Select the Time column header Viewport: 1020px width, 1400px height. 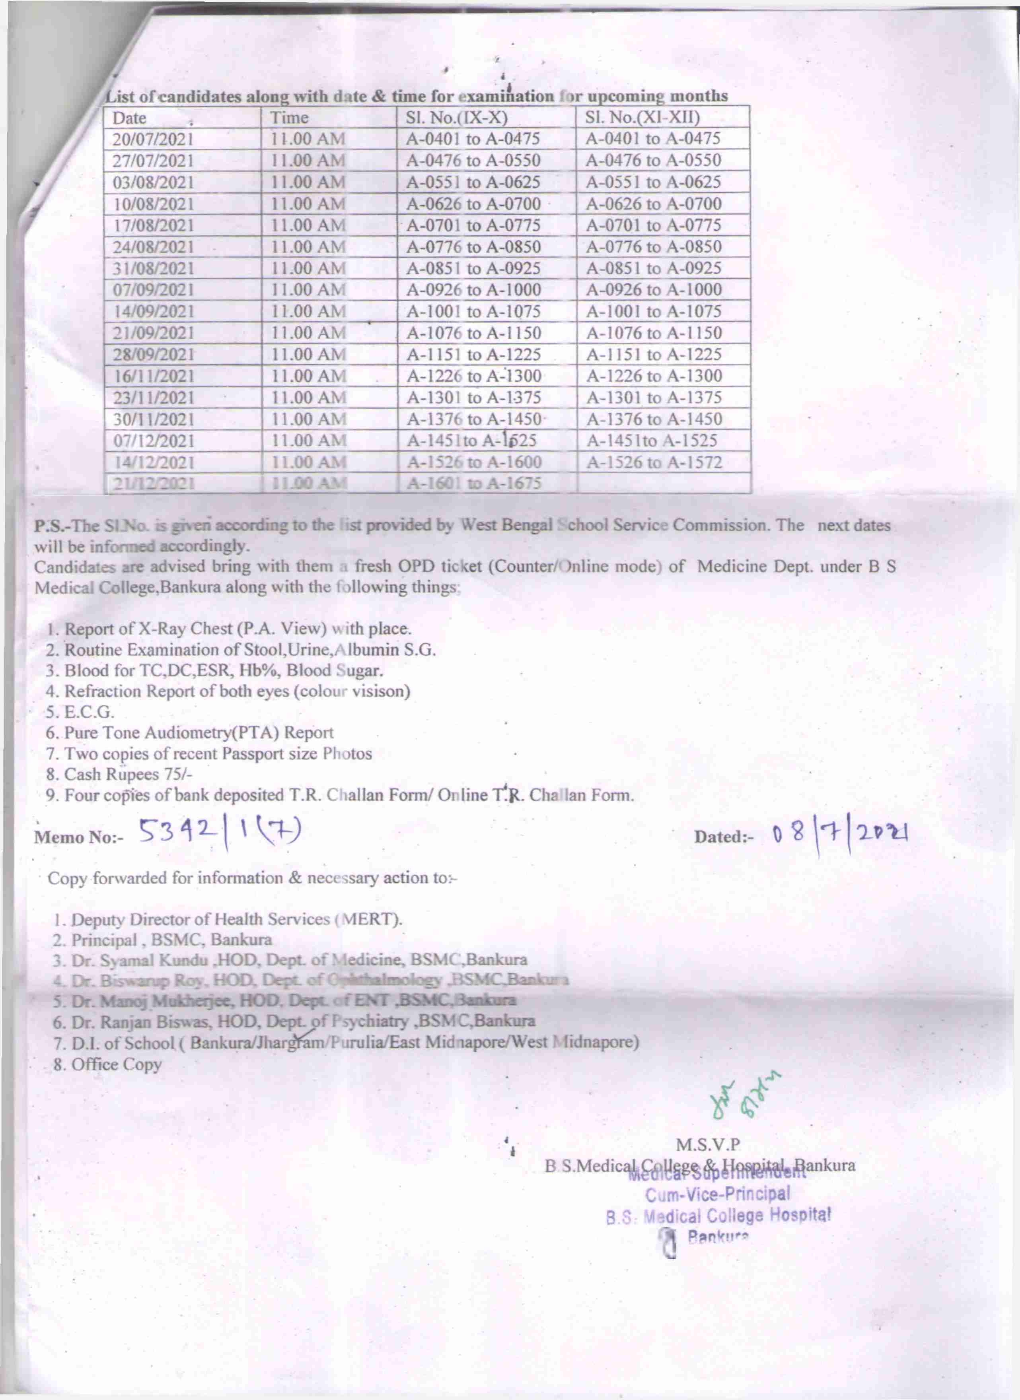click(x=290, y=118)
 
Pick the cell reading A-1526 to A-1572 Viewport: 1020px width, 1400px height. click(x=654, y=462)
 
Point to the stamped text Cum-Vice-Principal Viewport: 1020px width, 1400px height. click(x=717, y=1193)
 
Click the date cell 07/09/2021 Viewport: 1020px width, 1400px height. click(x=153, y=290)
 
